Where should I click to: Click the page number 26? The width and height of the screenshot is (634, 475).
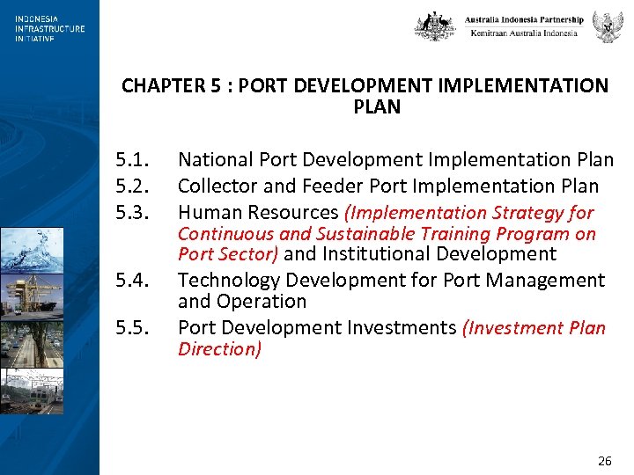(604, 461)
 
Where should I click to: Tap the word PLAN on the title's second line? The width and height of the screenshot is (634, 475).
(376, 107)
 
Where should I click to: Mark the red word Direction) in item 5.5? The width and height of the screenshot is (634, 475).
(219, 349)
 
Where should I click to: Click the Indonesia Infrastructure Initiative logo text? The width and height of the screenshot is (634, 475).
(49, 28)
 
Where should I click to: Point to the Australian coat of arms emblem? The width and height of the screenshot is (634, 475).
(435, 26)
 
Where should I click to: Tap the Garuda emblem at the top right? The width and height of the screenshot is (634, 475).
(608, 27)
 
